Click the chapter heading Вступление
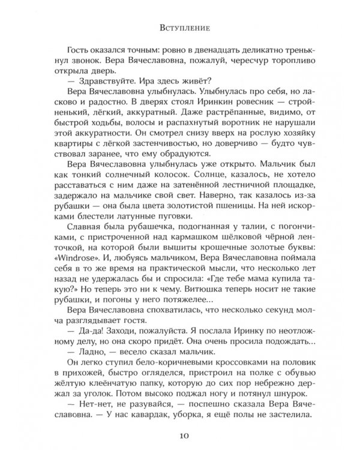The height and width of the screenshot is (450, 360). tap(179, 27)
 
